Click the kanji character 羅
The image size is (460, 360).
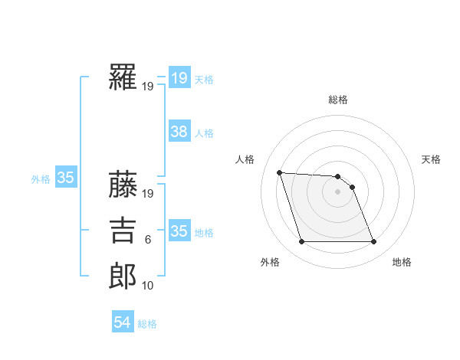tap(123, 77)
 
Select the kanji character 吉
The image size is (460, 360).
tap(123, 230)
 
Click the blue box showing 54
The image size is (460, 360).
tap(123, 322)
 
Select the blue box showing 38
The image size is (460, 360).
tap(179, 132)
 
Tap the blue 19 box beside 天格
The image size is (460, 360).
tap(179, 77)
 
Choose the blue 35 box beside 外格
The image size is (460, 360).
tap(65, 178)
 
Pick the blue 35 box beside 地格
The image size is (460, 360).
tap(179, 231)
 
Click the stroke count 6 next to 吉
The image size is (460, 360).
tap(148, 241)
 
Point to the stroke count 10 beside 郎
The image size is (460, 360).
tap(148, 286)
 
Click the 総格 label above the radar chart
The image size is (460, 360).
tap(338, 100)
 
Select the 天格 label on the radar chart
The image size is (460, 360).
tap(432, 159)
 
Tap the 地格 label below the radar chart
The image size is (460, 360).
tap(402, 263)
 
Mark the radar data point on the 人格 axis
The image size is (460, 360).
tap(279, 172)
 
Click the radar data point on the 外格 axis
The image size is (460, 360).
tap(301, 242)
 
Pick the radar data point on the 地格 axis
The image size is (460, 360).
tap(373, 242)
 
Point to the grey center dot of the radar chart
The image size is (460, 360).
tap(337, 191)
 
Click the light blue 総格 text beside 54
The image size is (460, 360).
tap(147, 324)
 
